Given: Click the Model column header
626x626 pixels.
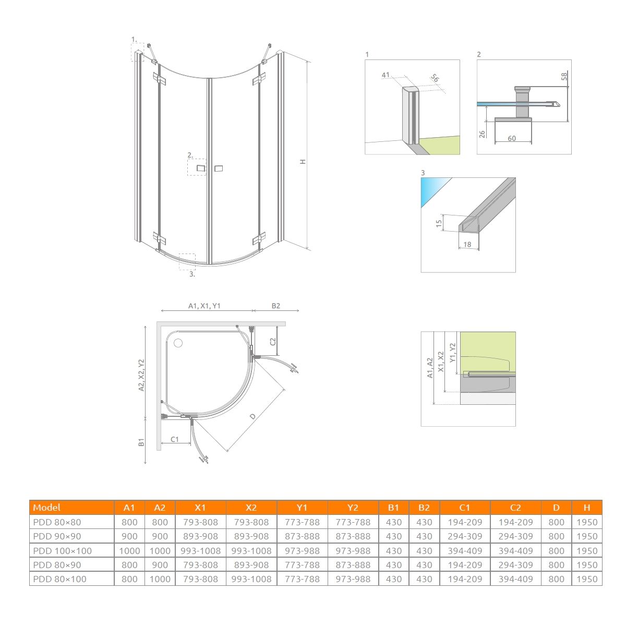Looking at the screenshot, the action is (46, 508).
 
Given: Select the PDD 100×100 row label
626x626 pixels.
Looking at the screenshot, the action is (63, 551).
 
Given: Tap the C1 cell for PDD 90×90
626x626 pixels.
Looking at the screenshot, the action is (465, 536).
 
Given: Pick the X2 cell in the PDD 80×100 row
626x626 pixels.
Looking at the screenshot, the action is (251, 579).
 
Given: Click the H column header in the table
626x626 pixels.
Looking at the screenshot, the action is (587, 508).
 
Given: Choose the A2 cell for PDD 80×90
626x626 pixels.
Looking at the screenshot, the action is (160, 565).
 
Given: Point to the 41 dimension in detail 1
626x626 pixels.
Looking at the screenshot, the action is (386, 75).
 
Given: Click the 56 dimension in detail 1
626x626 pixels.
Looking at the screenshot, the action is (435, 78).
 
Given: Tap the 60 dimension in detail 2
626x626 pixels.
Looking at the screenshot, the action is (512, 138).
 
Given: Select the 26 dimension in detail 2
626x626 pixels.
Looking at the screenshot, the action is (482, 134).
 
